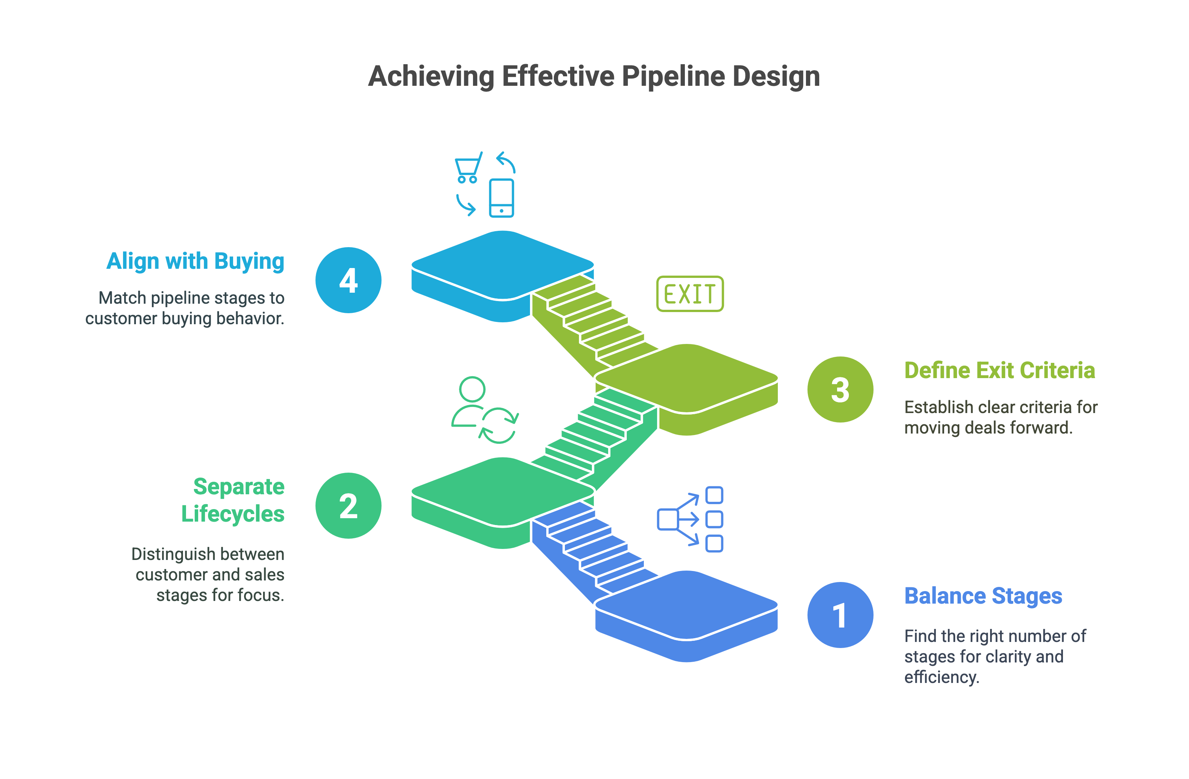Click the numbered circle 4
tap(348, 280)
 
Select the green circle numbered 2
tap(348, 505)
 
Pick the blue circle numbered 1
tap(840, 615)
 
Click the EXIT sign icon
tap(689, 294)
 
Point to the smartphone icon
tap(501, 198)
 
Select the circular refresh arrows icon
tap(498, 425)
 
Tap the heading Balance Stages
tap(983, 596)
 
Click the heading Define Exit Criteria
tap(999, 370)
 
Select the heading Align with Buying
tap(196, 261)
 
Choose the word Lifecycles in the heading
tap(233, 514)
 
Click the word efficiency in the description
tap(941, 677)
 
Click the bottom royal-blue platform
tap(687, 605)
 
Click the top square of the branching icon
tap(714, 495)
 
